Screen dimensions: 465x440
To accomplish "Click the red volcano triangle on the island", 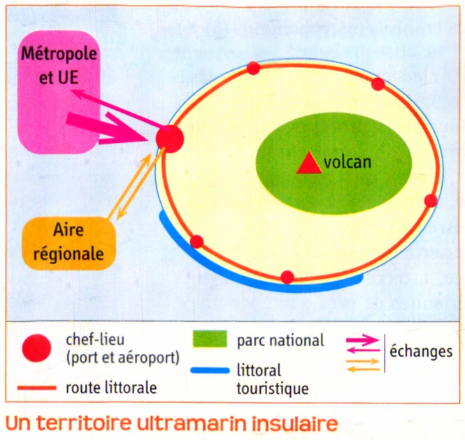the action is (309, 164).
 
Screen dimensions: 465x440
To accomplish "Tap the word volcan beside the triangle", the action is (348, 163).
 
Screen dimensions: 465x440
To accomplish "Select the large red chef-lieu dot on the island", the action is (170, 139).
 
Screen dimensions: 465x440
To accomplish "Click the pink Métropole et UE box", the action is (59, 92).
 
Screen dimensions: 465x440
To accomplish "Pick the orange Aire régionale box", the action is (69, 243).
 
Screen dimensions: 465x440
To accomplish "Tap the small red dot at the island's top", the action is (254, 68).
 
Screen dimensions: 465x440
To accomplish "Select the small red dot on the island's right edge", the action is (431, 200).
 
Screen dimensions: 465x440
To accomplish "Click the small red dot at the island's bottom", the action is (287, 277).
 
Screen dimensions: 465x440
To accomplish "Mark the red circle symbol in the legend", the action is (37, 348).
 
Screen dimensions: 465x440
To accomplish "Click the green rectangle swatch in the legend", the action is (210, 339).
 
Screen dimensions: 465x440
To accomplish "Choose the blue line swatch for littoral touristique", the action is (210, 371).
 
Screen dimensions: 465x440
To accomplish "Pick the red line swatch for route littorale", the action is (37, 388).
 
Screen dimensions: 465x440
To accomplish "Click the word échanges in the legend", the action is (421, 351).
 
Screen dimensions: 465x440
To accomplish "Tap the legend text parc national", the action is (280, 341).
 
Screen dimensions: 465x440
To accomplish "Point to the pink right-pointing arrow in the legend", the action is (363, 340).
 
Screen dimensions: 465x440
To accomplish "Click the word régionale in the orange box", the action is (69, 254).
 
